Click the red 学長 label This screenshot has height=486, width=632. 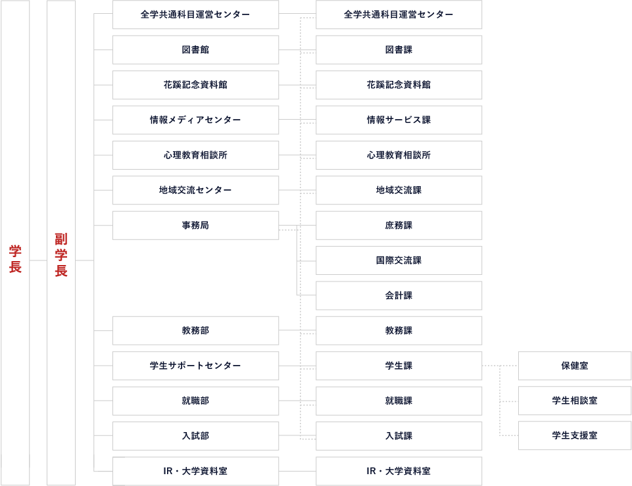click(15, 258)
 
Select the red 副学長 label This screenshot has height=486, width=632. click(61, 255)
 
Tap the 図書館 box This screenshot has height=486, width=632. click(195, 50)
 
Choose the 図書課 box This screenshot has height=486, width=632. click(399, 50)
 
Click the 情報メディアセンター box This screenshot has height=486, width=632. click(195, 120)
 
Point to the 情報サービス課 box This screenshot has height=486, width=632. click(399, 120)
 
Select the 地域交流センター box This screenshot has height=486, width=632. click(195, 190)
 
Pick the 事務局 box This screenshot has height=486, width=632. click(195, 226)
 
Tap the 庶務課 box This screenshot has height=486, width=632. click(399, 226)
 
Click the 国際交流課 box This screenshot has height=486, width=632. click(399, 260)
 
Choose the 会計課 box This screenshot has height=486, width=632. click(399, 295)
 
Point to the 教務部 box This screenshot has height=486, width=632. click(195, 330)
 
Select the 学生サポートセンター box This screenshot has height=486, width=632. click(195, 366)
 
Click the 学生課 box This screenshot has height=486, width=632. click(399, 366)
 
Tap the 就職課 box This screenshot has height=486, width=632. click(399, 401)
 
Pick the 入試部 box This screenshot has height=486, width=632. click(195, 436)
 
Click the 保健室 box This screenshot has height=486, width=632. click(575, 366)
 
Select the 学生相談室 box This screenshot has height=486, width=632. click(575, 401)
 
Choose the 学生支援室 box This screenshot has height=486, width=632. click(575, 435)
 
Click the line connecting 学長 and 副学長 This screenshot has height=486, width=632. click(38, 260)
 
